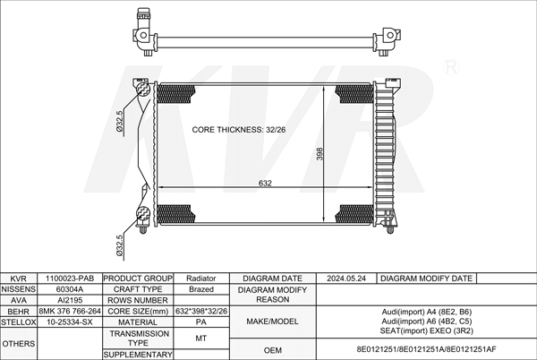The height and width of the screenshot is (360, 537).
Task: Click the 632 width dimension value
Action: pos(265,184)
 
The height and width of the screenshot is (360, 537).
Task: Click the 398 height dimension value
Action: pos(320,154)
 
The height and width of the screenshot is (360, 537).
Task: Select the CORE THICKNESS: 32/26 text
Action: pos(239,130)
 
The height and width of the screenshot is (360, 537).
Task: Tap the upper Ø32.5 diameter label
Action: pos(119,121)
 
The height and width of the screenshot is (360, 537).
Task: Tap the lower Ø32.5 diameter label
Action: pos(119,245)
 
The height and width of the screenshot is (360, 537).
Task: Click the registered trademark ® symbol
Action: pos(451,67)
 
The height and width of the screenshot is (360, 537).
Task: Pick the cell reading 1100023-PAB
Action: pos(70,279)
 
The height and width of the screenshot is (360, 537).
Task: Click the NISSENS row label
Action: pos(19,289)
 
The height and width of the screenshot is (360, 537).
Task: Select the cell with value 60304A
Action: pos(70,289)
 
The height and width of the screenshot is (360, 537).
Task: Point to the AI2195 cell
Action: pos(70,300)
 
